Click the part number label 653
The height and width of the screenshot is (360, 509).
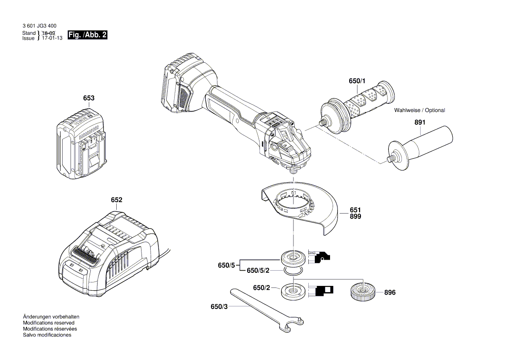click(x=88, y=98)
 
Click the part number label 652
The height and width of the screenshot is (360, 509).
click(x=116, y=200)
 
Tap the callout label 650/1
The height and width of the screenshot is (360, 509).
click(x=357, y=82)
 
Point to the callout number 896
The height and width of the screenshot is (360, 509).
click(x=390, y=293)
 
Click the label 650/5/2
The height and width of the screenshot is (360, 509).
click(x=258, y=271)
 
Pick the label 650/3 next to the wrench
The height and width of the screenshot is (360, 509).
click(x=219, y=307)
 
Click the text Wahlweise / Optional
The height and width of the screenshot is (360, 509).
click(x=419, y=110)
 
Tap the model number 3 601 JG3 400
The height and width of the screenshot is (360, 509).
click(x=39, y=26)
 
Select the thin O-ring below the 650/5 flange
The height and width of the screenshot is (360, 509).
click(x=292, y=272)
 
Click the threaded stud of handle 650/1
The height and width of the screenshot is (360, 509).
click(x=323, y=123)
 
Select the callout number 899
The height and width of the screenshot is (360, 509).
click(x=355, y=216)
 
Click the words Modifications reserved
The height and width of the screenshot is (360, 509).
click(x=48, y=323)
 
